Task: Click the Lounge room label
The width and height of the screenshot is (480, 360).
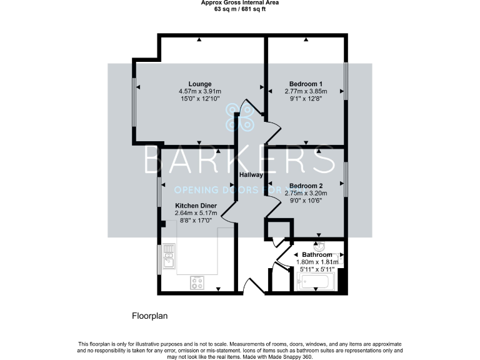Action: click(x=199, y=84)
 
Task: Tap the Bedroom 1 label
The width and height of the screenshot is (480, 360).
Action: click(x=306, y=84)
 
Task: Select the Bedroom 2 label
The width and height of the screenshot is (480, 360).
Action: click(x=306, y=186)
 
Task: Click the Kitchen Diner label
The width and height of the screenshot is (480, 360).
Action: click(x=196, y=206)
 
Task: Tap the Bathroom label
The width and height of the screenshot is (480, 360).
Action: click(x=317, y=255)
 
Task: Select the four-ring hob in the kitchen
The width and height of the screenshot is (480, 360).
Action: click(x=197, y=282)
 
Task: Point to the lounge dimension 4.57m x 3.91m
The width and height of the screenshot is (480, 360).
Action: click(x=199, y=91)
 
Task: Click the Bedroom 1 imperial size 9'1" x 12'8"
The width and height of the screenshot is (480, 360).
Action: click(x=306, y=99)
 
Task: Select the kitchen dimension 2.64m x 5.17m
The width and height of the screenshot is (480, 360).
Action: click(x=196, y=213)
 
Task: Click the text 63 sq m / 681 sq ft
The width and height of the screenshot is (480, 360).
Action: click(x=240, y=9)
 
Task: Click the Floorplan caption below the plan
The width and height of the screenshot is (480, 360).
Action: click(x=149, y=316)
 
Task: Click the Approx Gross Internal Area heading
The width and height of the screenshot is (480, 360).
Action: click(x=240, y=3)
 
